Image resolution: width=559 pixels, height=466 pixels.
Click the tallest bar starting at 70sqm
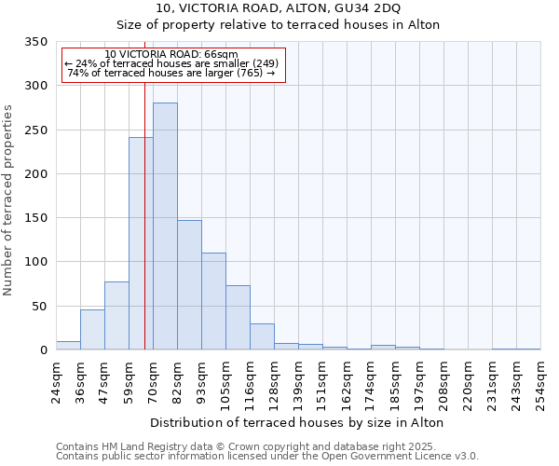click(x=165, y=226)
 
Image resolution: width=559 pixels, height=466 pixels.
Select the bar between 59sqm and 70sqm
click(x=141, y=243)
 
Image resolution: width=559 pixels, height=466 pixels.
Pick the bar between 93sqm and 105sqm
click(x=213, y=301)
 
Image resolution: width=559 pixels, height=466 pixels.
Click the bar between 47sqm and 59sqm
click(x=116, y=316)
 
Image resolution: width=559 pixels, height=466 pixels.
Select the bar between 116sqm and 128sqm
click(x=262, y=336)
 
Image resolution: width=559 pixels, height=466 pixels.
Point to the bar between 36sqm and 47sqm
click(x=92, y=330)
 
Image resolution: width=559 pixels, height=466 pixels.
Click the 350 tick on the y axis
click(x=35, y=42)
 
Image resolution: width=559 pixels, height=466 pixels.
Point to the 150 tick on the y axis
click(x=35, y=218)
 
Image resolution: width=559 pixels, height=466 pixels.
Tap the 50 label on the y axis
click(x=39, y=307)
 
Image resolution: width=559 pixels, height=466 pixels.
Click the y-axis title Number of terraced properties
click(x=8, y=199)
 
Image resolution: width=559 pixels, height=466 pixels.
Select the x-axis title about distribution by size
click(x=296, y=422)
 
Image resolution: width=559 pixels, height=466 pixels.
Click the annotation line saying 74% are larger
click(x=170, y=73)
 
